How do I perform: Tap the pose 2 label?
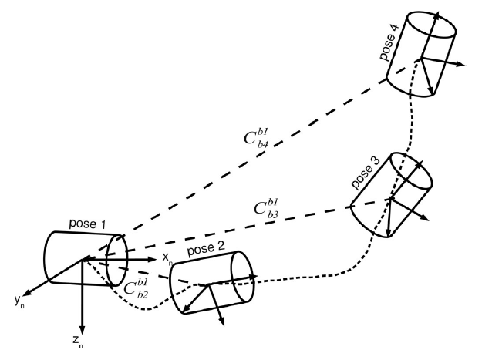point(206,252)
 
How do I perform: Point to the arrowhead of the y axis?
point(25,292)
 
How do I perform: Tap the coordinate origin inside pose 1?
point(82,261)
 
